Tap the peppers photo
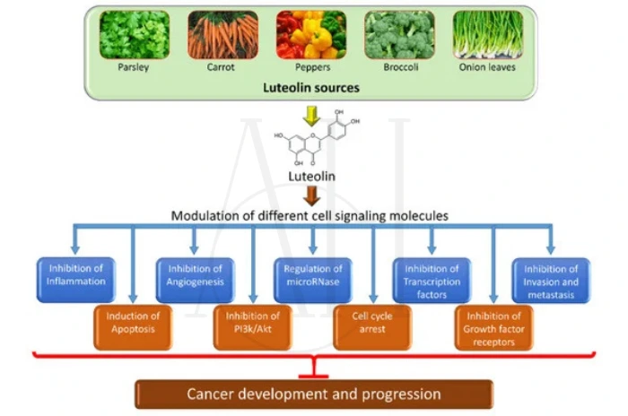(310, 35)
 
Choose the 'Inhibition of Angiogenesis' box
(195, 275)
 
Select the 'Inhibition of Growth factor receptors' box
(493, 327)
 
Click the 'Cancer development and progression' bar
(313, 394)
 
